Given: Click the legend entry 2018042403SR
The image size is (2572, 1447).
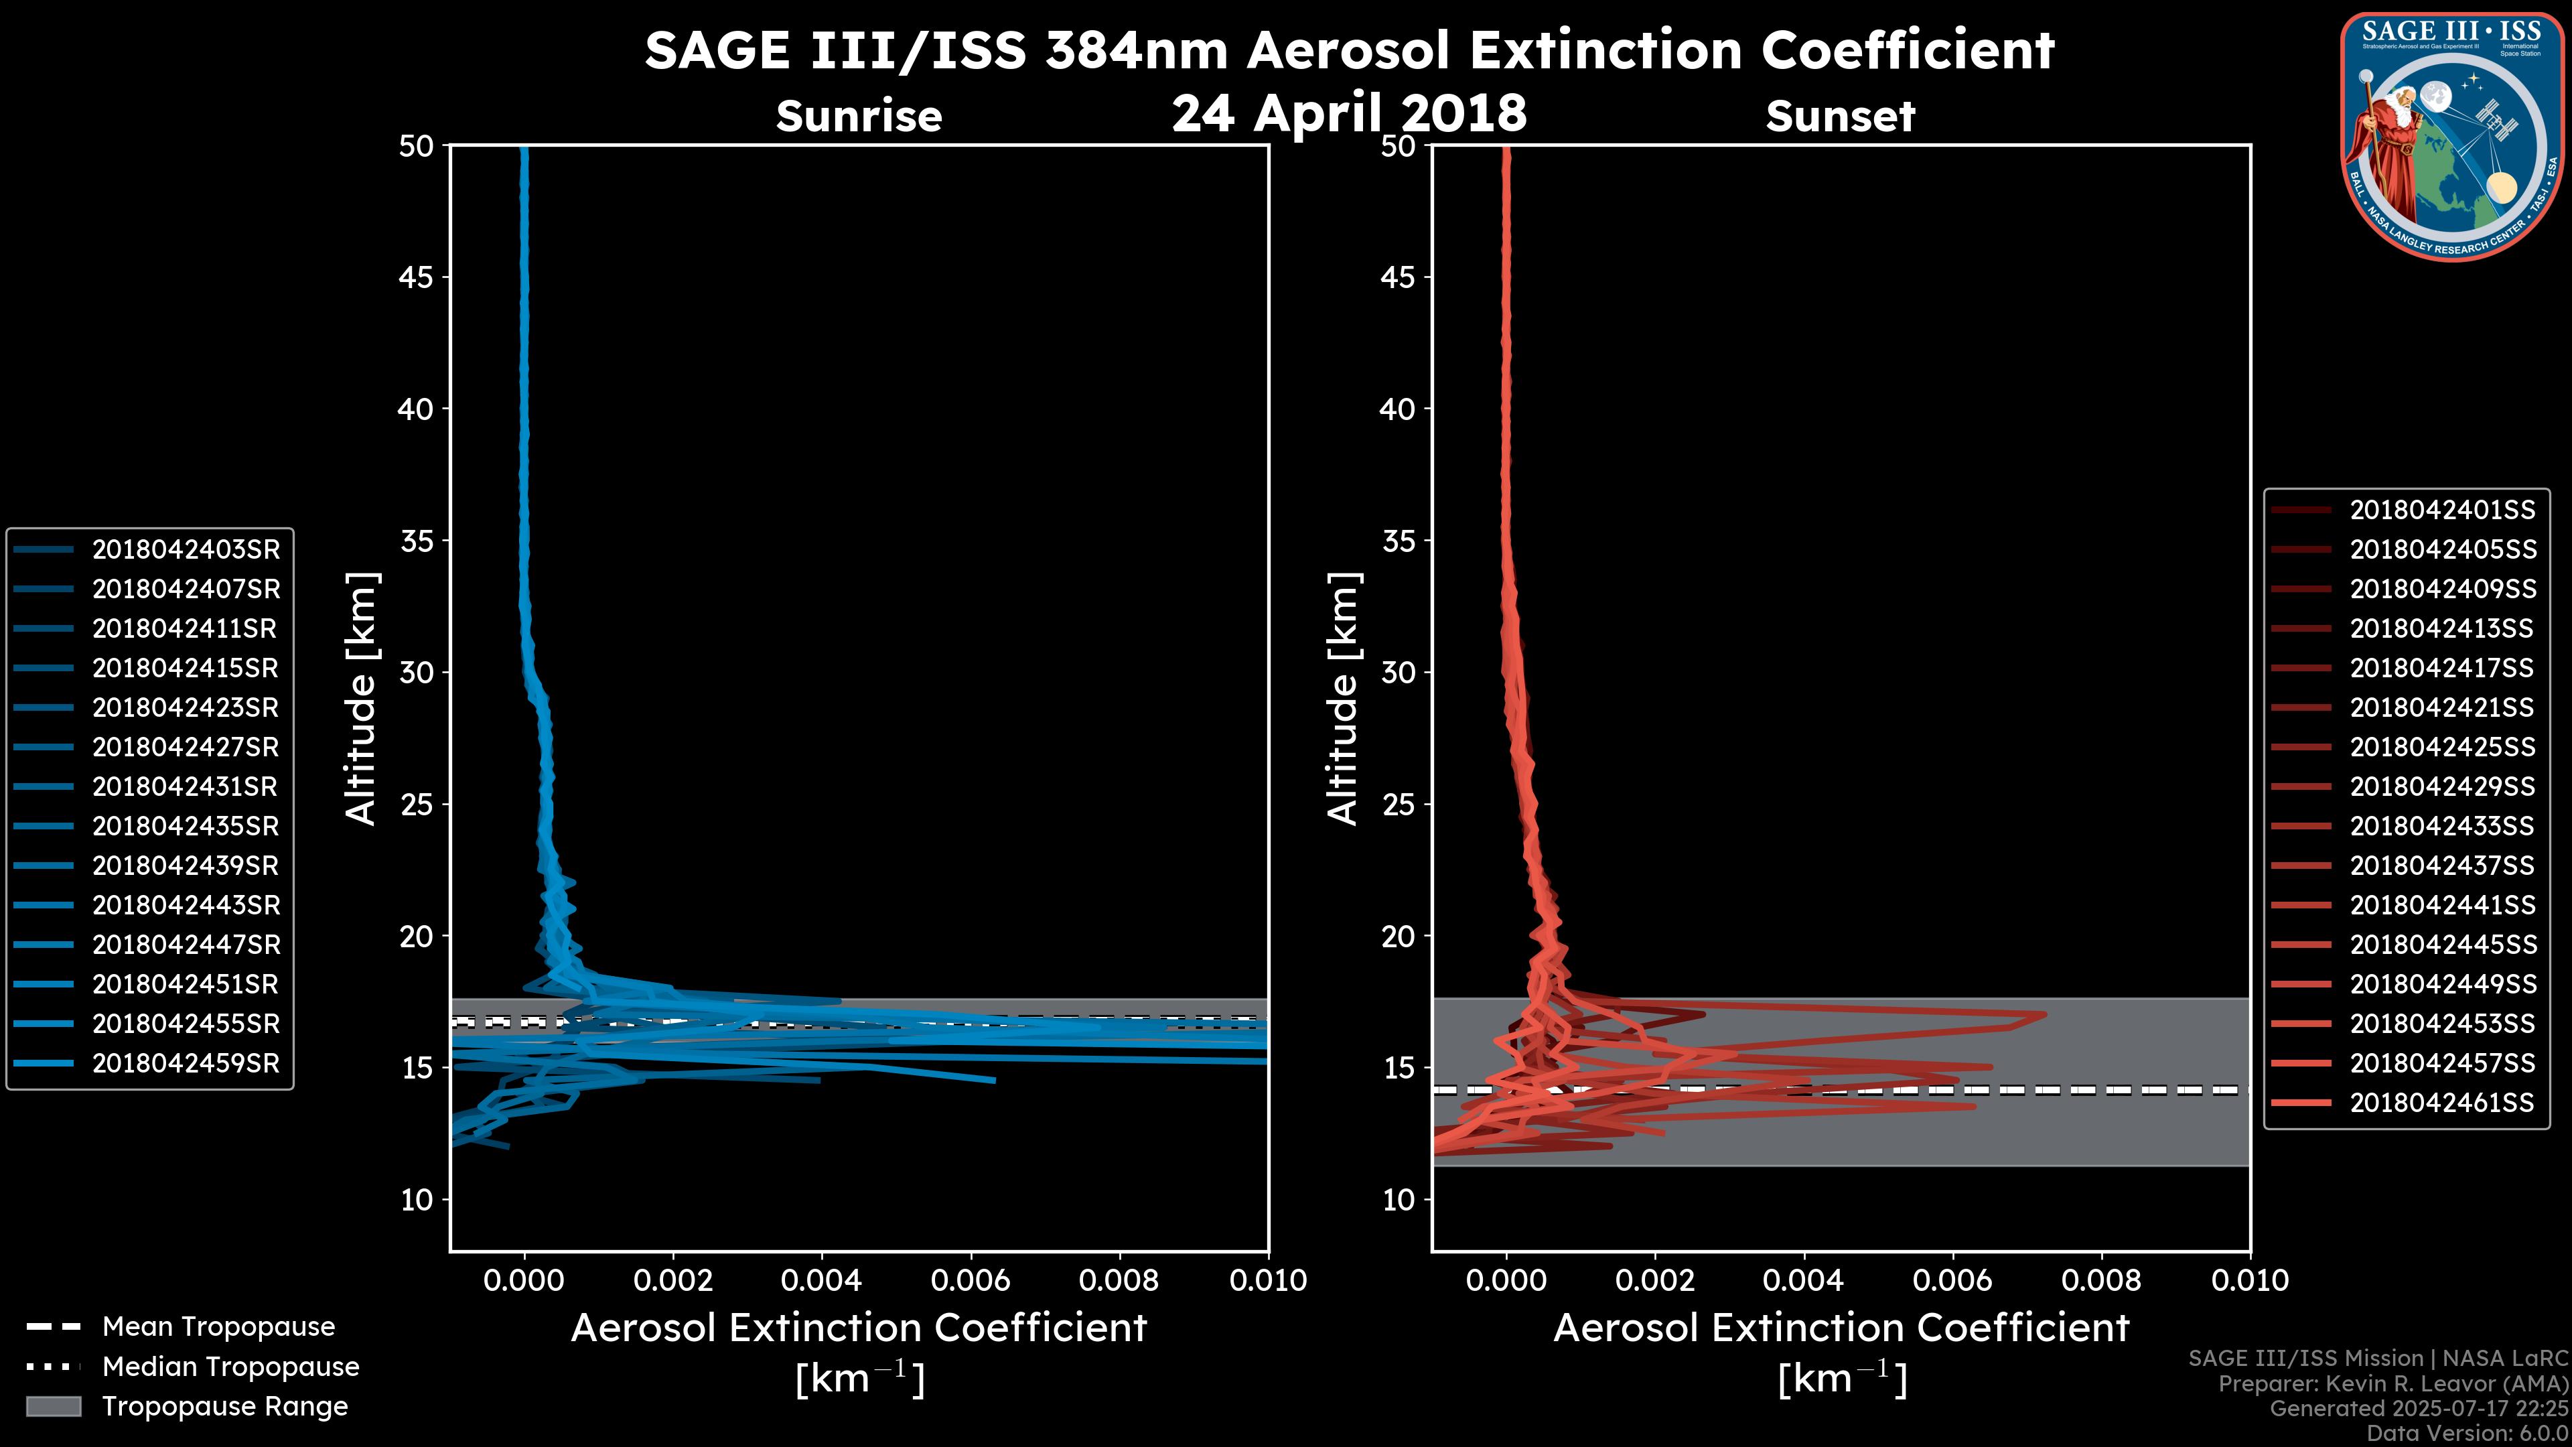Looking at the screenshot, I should pos(186,549).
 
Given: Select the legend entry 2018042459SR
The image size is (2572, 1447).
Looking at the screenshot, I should pos(186,1064).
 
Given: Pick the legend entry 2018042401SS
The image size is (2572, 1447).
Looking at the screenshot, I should pos(2442,510).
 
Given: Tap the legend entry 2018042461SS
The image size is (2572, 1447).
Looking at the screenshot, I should pos(2442,1103).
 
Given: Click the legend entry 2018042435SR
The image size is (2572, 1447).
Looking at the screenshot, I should pos(186,827).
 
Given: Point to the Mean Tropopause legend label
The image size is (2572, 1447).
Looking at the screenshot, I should pos(218,1327).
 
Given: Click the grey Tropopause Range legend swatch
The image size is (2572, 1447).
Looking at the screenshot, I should pos(54,1406).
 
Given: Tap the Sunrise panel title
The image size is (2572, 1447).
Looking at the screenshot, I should pos(859,117).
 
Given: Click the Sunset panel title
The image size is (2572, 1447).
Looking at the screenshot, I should pos(1840,117).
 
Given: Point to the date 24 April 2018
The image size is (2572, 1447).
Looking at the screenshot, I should pos(1349,113).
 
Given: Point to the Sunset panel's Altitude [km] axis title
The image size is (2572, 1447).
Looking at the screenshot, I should pos(1343,699).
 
